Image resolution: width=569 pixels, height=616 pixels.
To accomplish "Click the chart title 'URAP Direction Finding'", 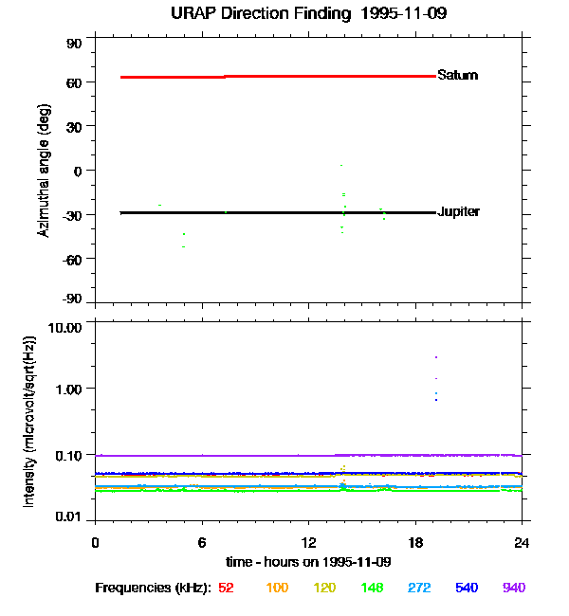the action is [261, 14].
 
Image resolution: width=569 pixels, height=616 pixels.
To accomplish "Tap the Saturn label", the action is [458, 75].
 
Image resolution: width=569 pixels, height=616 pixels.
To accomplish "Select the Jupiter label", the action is [458, 211].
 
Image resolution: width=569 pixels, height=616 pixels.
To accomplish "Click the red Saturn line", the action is [279, 77].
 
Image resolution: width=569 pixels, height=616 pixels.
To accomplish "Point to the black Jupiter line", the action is [279, 213].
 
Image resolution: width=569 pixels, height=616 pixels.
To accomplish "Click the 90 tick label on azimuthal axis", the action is [74, 44].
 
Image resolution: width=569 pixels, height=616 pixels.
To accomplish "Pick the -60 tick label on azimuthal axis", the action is [72, 260].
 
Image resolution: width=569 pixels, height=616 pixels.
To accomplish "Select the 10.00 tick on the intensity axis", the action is [64, 328].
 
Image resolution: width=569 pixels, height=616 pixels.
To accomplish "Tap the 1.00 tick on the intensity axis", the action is [68, 390].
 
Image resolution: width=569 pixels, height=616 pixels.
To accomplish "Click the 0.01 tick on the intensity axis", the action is [68, 516].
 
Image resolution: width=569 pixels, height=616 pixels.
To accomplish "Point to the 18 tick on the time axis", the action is [415, 543].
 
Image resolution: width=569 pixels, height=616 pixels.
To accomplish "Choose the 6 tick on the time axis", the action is [202, 543].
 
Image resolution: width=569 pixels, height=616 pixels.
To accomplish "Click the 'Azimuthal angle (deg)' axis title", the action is [44, 171].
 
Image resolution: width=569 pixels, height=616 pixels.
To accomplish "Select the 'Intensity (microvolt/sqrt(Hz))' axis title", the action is [29, 422].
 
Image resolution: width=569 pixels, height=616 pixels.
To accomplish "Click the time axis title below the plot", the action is [308, 562].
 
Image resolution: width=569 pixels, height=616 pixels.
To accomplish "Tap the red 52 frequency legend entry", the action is [226, 588].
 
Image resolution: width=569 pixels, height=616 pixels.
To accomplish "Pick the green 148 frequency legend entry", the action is [372, 588].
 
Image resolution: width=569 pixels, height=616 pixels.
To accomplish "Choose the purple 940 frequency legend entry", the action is [514, 588].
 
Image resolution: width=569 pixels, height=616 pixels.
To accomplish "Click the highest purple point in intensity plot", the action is [436, 357].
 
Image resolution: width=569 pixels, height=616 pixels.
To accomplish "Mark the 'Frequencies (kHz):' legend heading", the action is [154, 589].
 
